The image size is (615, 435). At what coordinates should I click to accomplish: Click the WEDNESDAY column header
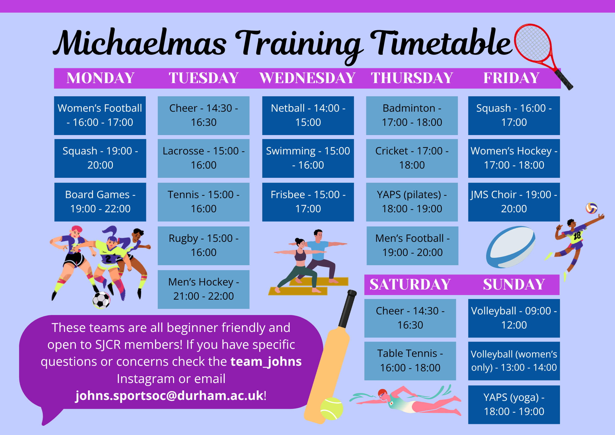click(307, 78)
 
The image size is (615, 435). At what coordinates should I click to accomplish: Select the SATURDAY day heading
click(410, 284)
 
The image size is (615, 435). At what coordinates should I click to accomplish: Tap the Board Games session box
click(100, 202)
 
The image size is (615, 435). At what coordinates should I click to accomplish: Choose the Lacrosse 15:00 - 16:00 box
click(204, 158)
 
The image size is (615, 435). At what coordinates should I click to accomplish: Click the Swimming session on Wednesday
click(308, 158)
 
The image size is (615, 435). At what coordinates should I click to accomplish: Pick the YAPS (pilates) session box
click(412, 202)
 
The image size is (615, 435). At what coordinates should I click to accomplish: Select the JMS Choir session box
click(514, 202)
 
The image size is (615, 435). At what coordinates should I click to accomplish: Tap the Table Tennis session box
click(410, 361)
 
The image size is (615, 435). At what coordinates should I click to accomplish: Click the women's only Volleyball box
click(514, 361)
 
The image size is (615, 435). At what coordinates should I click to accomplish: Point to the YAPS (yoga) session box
click(514, 405)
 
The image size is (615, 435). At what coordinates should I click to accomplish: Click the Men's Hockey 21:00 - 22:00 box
click(204, 289)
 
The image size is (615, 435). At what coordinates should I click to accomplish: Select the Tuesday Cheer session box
click(204, 116)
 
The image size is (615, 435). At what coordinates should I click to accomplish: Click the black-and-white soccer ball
click(101, 300)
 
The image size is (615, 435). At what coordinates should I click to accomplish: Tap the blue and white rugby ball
click(510, 247)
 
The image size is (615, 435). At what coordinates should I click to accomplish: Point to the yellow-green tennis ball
click(331, 409)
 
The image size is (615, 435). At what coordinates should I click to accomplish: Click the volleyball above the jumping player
click(592, 208)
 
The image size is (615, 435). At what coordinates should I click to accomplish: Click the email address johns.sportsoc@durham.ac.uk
click(169, 396)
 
